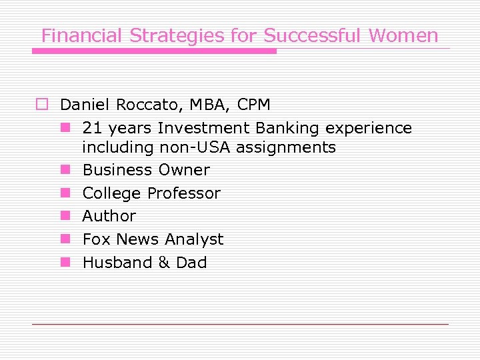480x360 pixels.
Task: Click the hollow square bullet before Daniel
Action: tap(43, 105)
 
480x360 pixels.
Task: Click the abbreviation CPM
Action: tap(253, 105)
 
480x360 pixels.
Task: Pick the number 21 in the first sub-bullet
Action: tap(93, 128)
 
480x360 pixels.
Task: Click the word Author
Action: tap(109, 216)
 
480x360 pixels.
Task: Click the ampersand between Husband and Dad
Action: tap(164, 263)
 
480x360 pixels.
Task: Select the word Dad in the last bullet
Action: tap(191, 263)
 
